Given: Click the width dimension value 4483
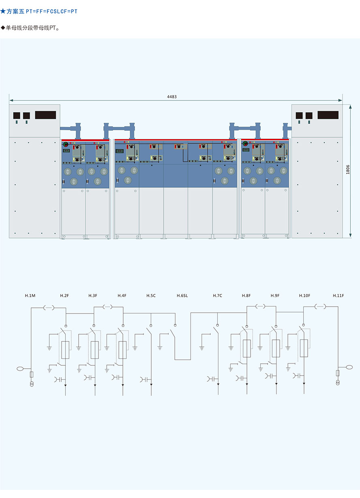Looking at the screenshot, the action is pos(172,97).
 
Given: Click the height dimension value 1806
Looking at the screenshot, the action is pos(348,170).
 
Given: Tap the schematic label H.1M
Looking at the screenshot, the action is pos(30,296).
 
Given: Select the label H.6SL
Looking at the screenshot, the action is pos(182,296).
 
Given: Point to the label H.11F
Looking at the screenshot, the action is pos(338,296).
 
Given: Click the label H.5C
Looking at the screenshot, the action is pos(151,296).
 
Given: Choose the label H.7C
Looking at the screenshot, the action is pos(217,296).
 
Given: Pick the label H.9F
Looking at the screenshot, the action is pos(275,296).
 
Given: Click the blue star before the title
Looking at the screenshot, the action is pos(3,11).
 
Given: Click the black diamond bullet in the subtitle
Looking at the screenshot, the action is pos(3,28).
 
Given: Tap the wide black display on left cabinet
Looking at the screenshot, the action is pos(45,115).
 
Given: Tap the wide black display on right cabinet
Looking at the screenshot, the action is pos(328,115).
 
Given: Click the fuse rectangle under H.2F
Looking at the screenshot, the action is pos(65,350).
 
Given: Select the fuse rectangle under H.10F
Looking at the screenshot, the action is pos(304,348).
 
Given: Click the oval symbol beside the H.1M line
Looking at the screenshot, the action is pos(20,369).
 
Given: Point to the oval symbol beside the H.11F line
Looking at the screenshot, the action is pos(349,367).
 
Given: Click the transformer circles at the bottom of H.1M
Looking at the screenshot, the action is pos(32,384).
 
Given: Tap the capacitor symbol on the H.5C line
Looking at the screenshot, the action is pos(144,380).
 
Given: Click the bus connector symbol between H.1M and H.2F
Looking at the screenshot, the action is pos(49,308).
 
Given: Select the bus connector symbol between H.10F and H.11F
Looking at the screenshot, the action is pos(320,307).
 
